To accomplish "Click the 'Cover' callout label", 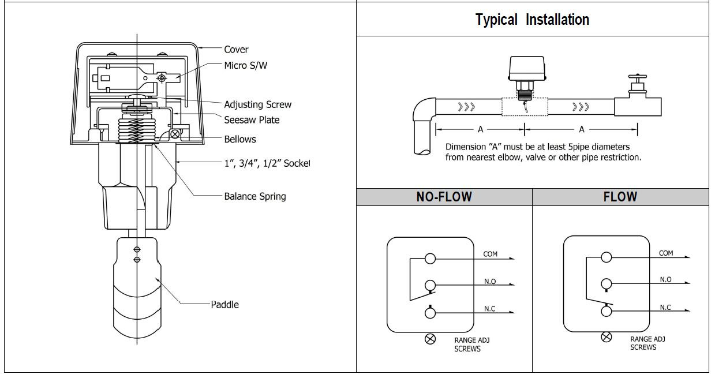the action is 236,50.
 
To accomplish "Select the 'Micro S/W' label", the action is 245,65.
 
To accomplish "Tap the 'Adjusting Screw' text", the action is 257,104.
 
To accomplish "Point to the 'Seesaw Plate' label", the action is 252,120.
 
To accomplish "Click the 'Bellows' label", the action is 239,139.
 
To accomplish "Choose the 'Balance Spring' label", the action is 254,196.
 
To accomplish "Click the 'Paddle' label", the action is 224,305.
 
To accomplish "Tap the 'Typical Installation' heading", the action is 532,20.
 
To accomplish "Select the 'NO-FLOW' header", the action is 444,197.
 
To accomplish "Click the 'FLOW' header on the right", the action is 620,197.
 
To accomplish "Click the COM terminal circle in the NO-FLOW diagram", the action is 431,259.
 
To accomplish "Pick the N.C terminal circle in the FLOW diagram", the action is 606,311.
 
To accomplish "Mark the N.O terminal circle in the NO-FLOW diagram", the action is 431,285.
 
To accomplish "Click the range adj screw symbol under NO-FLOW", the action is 431,339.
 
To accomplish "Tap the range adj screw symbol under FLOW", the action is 606,337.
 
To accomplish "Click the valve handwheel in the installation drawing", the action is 638,77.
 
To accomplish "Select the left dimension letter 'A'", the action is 480,130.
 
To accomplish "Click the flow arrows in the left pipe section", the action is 466,107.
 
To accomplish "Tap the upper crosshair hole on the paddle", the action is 137,250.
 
